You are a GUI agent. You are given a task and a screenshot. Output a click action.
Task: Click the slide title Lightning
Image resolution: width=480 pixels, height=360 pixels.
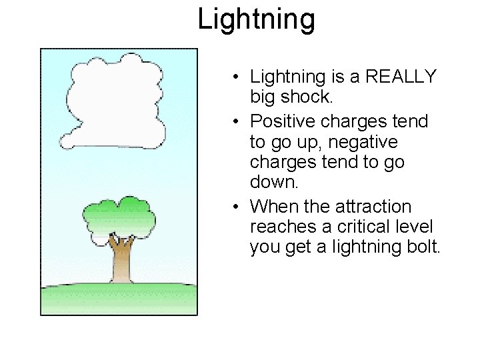coord(256,19)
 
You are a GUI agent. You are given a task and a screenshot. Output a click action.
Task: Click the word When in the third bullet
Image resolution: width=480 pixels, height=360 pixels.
coord(273,207)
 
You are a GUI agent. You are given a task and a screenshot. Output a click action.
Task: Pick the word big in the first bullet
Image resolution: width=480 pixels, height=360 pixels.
coord(263,97)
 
